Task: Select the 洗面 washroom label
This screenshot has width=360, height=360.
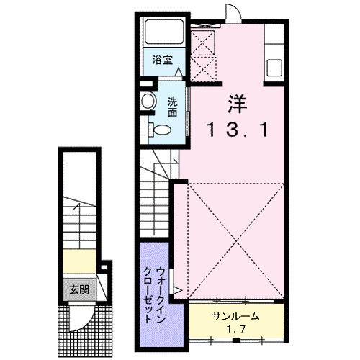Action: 173,107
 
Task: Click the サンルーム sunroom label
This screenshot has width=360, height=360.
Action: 235,318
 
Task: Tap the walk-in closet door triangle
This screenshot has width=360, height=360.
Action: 178,292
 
